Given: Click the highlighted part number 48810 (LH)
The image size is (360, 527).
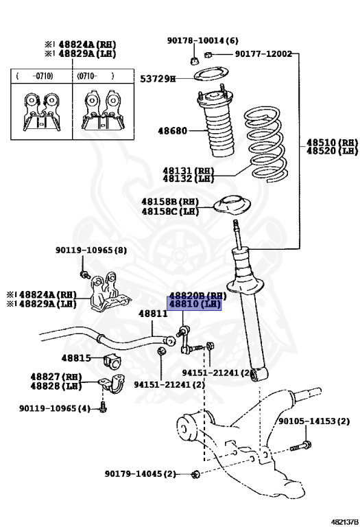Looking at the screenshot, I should [195, 304].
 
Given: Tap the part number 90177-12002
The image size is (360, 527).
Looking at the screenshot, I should [263, 54].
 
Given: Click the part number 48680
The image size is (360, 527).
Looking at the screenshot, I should [173, 130].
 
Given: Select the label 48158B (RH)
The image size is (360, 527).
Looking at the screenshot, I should [170, 202].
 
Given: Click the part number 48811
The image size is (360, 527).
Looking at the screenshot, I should [153, 314].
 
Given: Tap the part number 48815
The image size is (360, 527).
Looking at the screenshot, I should [75, 358].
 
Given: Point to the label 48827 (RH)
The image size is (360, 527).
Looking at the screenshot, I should [56, 377].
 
